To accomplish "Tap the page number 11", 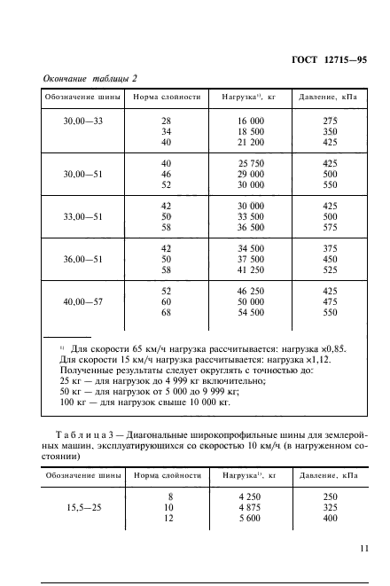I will pos(364,549).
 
